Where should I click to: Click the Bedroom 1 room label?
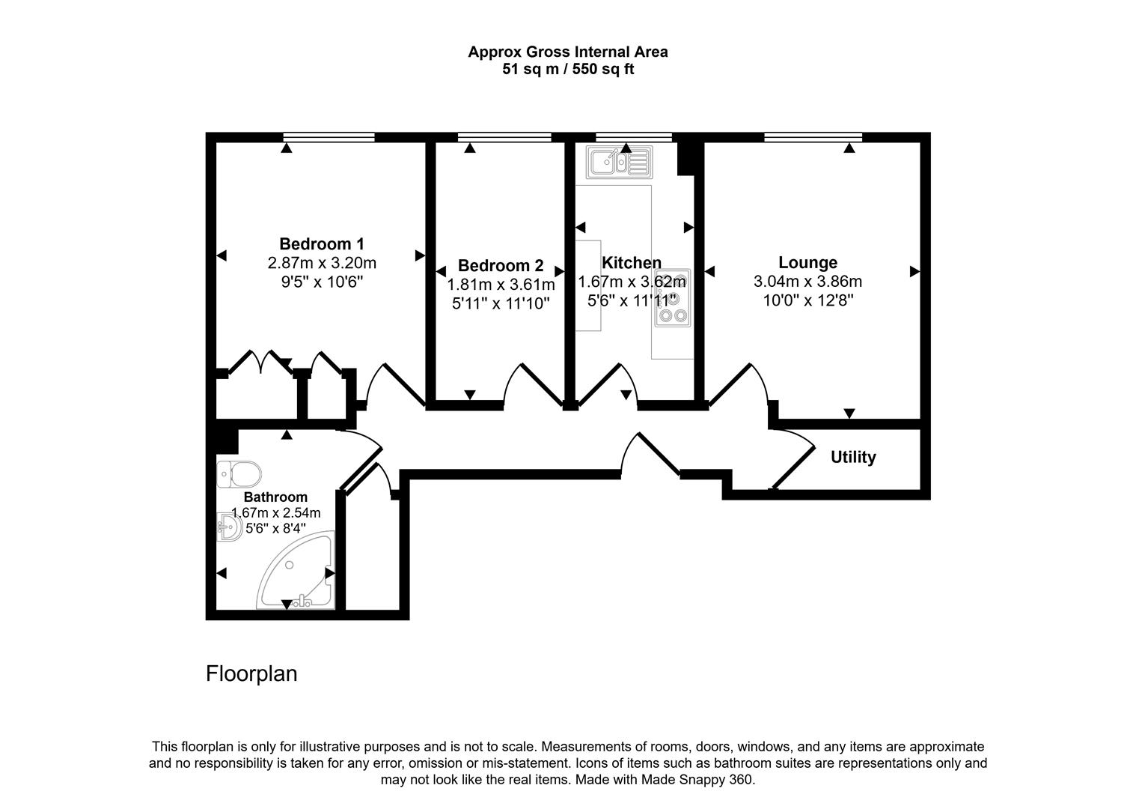point(321,244)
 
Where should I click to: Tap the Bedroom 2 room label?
point(501,266)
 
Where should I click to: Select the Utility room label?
point(853,457)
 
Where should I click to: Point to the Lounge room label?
point(807,263)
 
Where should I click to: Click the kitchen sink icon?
point(619,162)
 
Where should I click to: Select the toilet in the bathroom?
point(239,474)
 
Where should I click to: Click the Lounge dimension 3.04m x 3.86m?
point(807,282)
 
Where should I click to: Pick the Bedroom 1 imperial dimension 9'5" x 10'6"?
point(321,282)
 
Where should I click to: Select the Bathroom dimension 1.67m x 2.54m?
point(275,513)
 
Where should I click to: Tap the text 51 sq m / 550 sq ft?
point(567,70)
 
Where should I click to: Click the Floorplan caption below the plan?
point(251,674)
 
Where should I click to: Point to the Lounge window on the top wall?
point(813,137)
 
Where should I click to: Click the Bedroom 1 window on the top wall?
point(329,137)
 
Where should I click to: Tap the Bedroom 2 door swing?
point(533,384)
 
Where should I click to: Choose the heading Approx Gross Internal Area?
point(567,52)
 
